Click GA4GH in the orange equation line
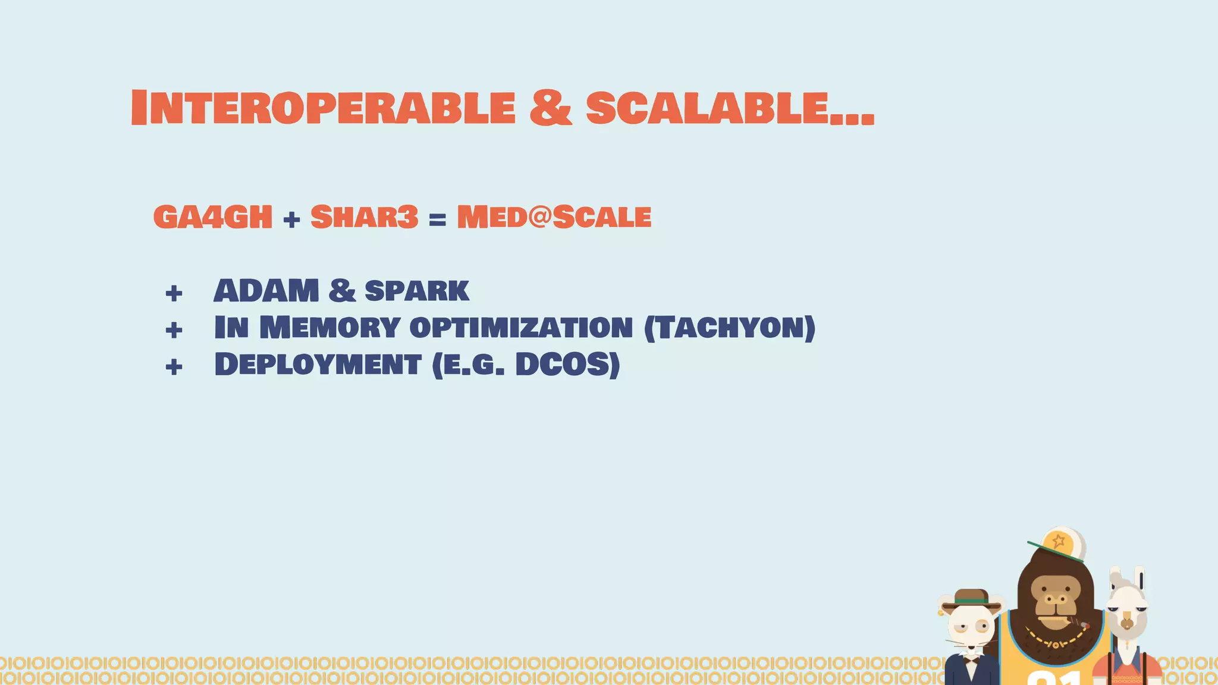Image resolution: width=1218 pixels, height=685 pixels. (x=212, y=217)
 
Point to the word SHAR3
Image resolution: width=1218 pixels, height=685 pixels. (x=365, y=217)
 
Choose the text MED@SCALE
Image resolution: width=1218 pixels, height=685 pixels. (x=554, y=217)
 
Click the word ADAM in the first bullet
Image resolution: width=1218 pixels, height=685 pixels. (x=266, y=291)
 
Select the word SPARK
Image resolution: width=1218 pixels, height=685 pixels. (x=417, y=291)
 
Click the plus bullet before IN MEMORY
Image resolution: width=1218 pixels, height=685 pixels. (x=174, y=329)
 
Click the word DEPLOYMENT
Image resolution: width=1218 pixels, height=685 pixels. (x=318, y=365)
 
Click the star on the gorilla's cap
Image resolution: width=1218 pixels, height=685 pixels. (x=1059, y=541)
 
